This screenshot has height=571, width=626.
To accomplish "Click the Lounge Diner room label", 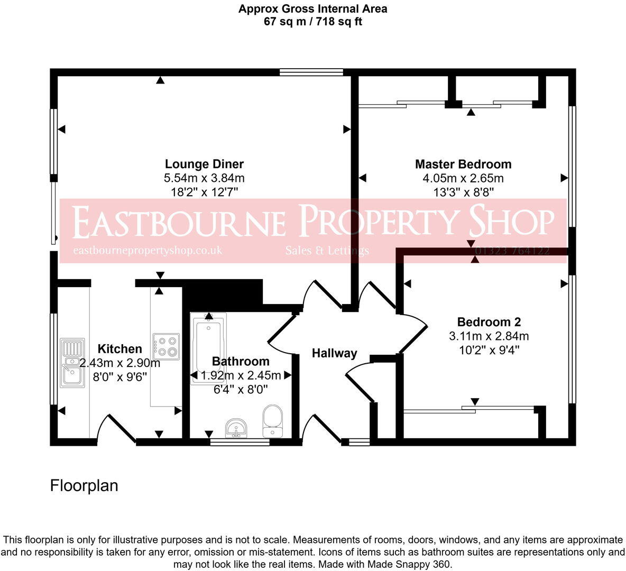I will coord(204,164).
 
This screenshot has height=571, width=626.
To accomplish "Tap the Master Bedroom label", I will coord(463,164).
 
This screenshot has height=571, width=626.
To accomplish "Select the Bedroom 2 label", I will coord(489,321).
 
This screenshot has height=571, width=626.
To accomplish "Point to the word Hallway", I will coord(334,353).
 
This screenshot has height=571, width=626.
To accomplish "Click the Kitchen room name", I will coord(120,349).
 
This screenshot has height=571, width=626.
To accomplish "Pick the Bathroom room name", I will coord(241,361).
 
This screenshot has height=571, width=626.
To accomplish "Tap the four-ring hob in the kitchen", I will coord(166,346).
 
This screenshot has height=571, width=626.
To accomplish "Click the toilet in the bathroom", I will coord(273,421).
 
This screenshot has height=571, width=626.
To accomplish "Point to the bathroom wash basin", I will coord(236,428).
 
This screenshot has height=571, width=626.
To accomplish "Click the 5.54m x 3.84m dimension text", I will coord(204,178).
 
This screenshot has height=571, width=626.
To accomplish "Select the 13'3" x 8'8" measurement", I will coord(463,192).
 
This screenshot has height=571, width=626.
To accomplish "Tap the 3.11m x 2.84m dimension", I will coord(489,336).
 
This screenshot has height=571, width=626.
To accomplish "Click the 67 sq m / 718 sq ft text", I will coord(312,22).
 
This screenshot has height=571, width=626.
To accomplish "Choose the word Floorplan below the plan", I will coord(84,485).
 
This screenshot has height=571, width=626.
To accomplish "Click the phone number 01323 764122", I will coord(512,251).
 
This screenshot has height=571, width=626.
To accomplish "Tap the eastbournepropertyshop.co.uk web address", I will coord(148,251).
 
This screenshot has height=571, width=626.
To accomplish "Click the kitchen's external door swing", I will coord(117,427).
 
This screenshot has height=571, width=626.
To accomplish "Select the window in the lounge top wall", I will coord(311,72).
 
